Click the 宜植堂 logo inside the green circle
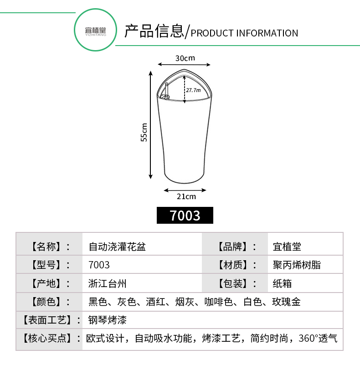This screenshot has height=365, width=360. [x=96, y=31]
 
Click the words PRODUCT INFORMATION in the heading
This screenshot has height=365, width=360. [x=244, y=33]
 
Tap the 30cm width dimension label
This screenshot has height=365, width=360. [x=185, y=58]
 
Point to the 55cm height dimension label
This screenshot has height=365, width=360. [x=144, y=132]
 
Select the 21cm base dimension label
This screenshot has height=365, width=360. [x=186, y=196]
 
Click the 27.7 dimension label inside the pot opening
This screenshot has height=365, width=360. [x=193, y=90]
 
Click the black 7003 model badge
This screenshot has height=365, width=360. [x=185, y=216]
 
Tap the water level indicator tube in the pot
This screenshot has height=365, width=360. [x=166, y=90]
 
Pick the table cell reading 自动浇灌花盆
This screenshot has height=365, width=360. [x=117, y=247]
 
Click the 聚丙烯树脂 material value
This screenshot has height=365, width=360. [x=297, y=265]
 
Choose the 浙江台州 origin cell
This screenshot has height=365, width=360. [x=108, y=283]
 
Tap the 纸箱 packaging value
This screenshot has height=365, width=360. [x=282, y=283]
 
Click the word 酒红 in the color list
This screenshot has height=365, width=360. [x=155, y=302]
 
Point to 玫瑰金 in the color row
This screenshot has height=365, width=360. [x=286, y=302]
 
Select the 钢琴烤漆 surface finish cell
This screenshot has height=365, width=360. [x=108, y=320]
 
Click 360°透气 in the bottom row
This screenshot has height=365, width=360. [x=318, y=338]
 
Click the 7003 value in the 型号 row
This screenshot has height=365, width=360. [x=99, y=265]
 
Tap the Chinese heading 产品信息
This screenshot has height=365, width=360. [x=154, y=31]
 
